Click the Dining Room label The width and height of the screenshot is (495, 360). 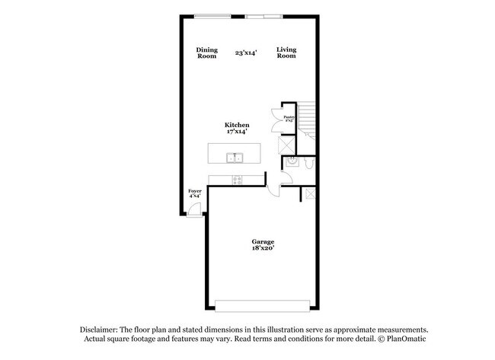coord(207,53)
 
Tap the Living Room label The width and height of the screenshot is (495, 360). coord(286,53)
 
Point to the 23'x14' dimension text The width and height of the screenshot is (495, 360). coord(245,52)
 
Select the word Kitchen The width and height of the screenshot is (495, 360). coord(237,125)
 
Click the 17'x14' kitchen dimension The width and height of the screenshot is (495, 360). coord(237,132)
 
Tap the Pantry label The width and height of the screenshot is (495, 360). coord(289,116)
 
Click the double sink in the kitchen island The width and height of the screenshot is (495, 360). coord(235,158)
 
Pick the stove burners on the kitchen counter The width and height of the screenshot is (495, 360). coord(237,180)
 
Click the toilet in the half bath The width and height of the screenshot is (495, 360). coord(308,161)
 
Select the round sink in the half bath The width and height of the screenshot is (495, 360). coord(290,161)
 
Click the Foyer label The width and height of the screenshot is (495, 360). coord(195,191)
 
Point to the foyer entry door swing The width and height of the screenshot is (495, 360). coord(196,211)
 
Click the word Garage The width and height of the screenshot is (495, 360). coord(263,241)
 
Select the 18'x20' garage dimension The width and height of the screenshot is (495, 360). coord(263,248)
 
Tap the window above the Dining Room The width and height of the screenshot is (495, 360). coord(214,16)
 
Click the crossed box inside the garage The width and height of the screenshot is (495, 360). coord(310,194)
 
